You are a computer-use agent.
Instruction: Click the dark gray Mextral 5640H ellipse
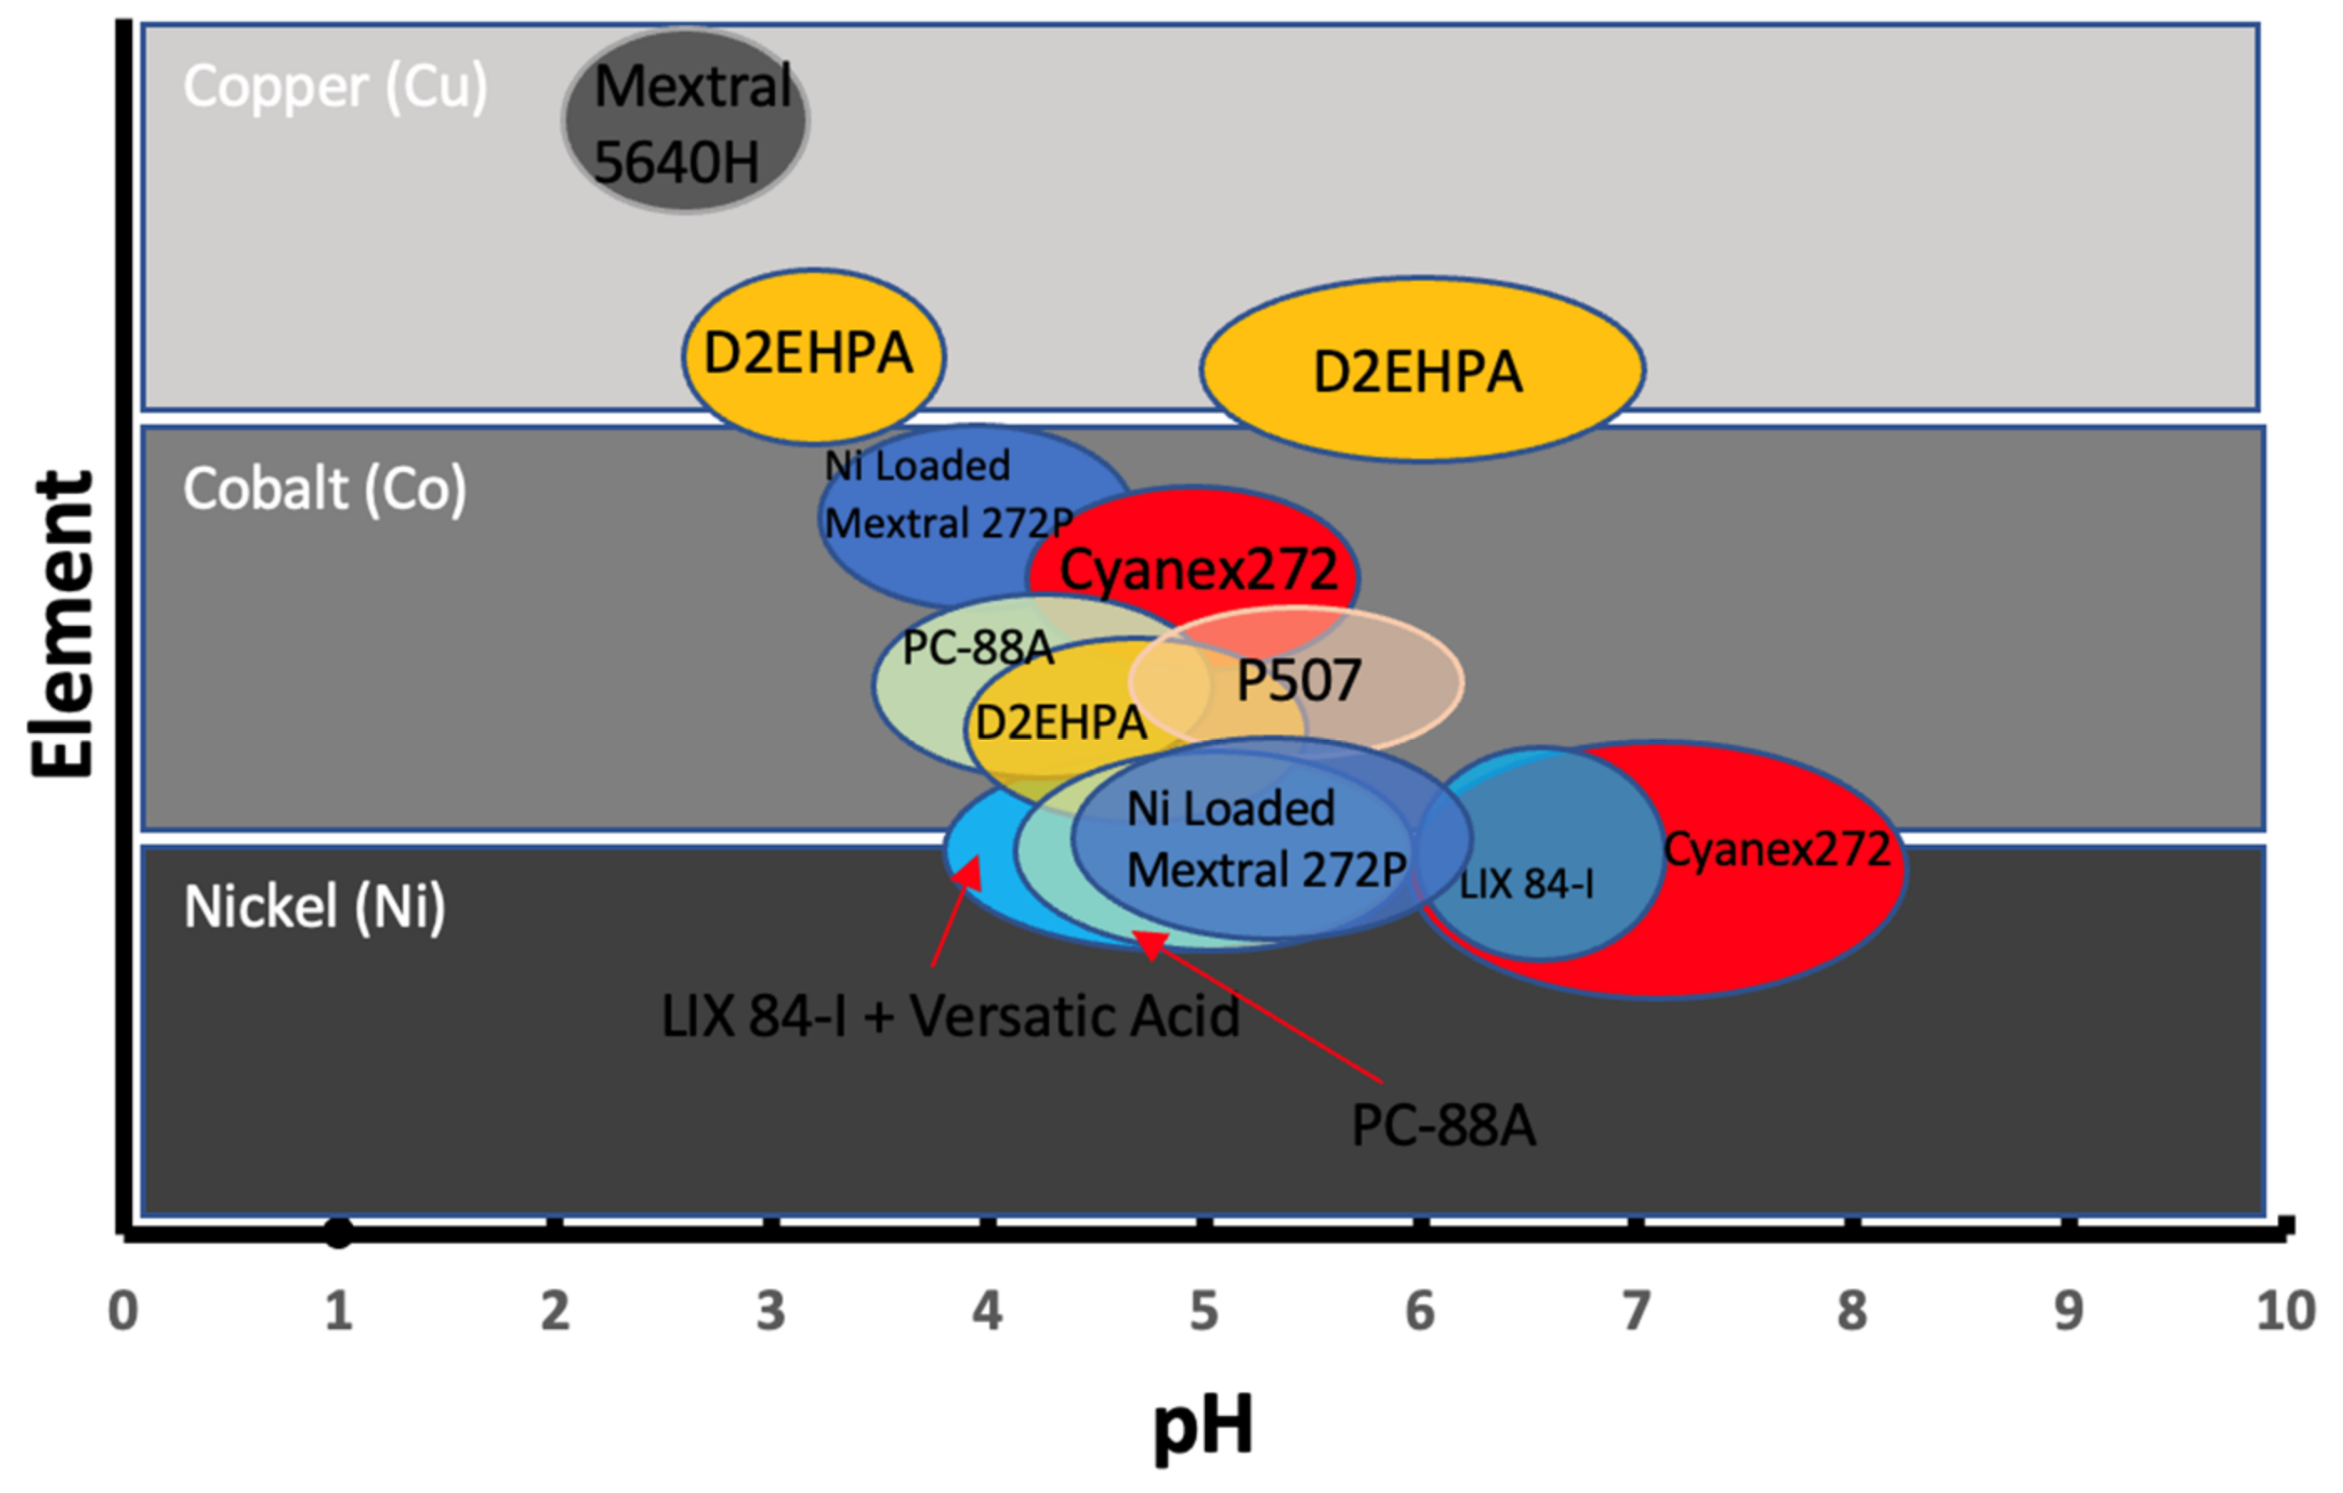pos(686,121)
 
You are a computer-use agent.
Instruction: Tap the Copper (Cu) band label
pos(335,87)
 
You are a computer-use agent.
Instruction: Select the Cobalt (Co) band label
pos(324,488)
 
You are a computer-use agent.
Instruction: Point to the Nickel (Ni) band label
pos(315,906)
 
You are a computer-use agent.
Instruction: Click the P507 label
pos(1298,680)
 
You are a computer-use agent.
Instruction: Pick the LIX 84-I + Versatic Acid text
pos(950,1017)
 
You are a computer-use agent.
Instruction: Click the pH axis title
pos(1202,1427)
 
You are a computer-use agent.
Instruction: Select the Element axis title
pos(62,625)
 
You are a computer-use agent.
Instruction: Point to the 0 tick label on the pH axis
pos(123,1311)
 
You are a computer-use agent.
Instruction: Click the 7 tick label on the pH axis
pos(1636,1311)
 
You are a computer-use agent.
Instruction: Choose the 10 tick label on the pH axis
pos(2284,1311)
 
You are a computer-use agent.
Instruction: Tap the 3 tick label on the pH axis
pos(771,1311)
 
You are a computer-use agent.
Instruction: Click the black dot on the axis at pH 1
pos(337,1233)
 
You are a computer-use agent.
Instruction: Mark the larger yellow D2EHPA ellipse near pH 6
pos(1422,370)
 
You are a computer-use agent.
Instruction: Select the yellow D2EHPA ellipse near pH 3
pos(813,353)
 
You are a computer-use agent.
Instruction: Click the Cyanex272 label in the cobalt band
pos(1197,569)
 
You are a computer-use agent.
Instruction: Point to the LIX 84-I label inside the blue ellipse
pos(1525,884)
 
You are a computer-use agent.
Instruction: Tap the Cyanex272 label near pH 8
pos(1776,849)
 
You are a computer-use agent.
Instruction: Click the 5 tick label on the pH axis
pos(1203,1311)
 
